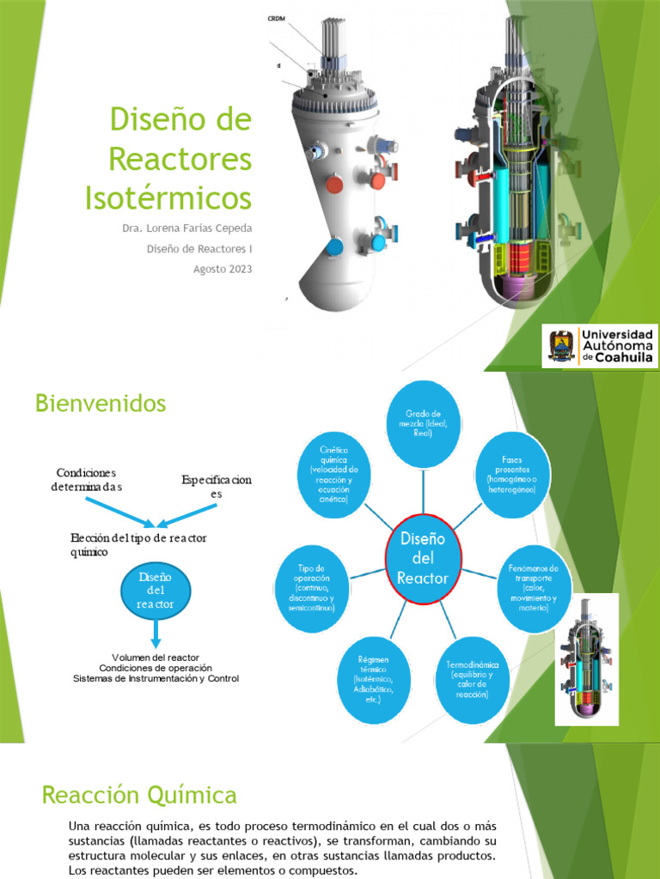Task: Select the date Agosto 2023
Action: [223, 269]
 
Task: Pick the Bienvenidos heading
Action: [101, 403]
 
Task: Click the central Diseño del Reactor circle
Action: [422, 559]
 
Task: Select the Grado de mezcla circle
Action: [423, 423]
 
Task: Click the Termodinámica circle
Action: [473, 678]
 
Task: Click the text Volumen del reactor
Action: [156, 657]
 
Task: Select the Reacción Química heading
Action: [139, 794]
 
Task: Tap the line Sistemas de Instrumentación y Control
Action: [156, 679]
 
